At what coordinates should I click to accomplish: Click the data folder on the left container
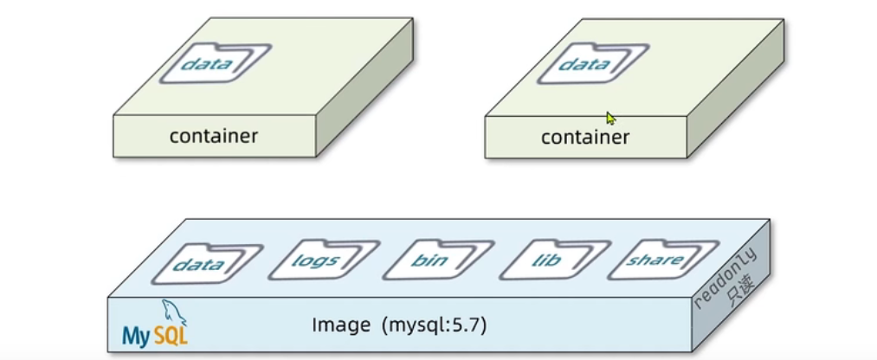pos(211,63)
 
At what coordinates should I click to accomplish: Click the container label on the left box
pos(213,136)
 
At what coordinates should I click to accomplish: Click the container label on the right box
pos(585,138)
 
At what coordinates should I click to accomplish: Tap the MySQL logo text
pos(154,335)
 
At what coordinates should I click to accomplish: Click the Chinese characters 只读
pos(740,292)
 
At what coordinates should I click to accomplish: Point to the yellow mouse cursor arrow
pos(610,118)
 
